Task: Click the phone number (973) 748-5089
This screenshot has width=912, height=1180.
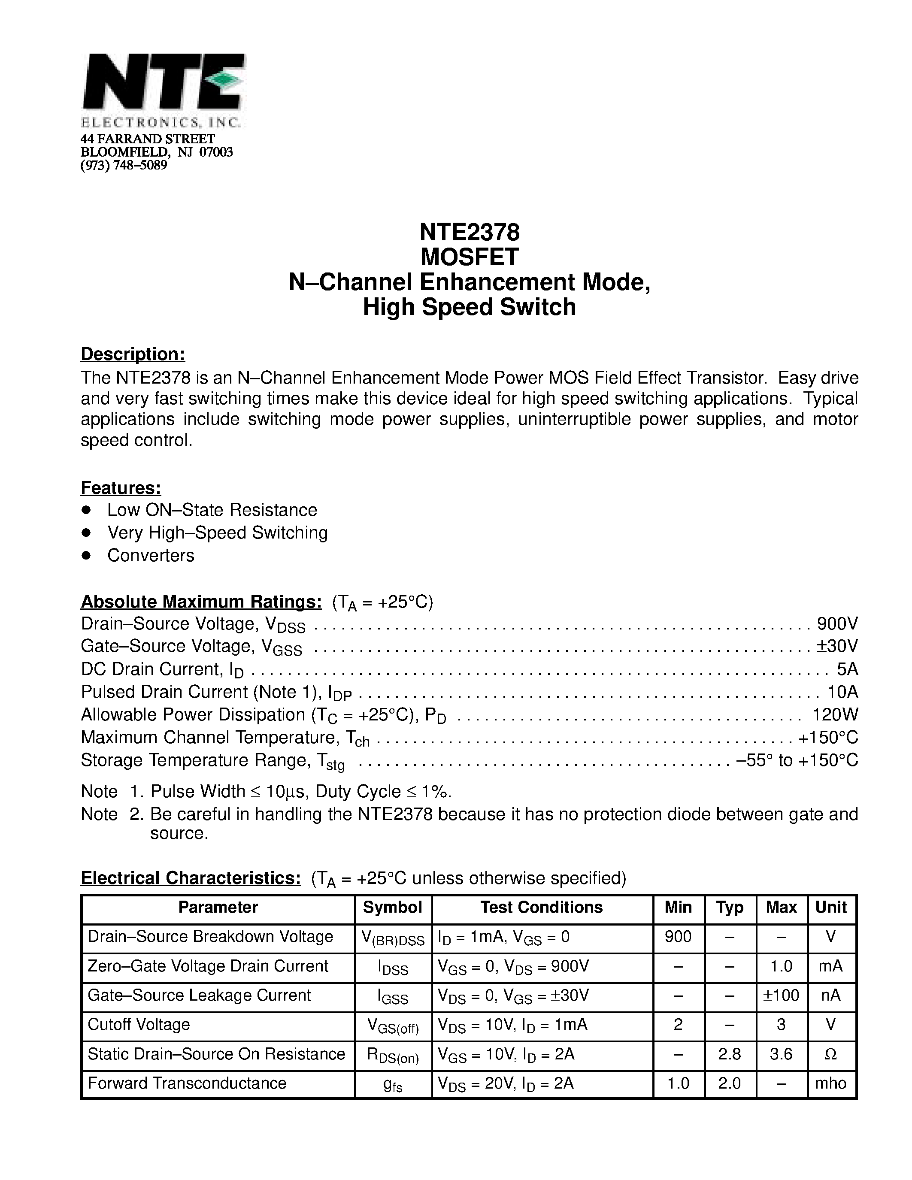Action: [x=124, y=165]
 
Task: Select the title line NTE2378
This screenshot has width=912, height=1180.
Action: [x=469, y=232]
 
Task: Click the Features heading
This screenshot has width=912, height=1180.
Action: [x=121, y=488]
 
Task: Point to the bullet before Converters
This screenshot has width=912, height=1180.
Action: [x=85, y=555]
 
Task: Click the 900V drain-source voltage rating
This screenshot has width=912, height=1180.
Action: [x=837, y=624]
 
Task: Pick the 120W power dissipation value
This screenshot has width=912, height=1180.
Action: [x=835, y=715]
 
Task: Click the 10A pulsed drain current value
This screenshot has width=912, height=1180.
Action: [x=842, y=692]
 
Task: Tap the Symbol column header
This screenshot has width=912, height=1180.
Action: [x=392, y=907]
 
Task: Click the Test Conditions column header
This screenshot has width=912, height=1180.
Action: [x=541, y=907]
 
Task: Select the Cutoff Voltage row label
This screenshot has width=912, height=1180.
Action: [x=139, y=1024]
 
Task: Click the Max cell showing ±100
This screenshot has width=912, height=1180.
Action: [x=781, y=995]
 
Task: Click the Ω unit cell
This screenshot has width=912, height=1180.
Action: [x=831, y=1054]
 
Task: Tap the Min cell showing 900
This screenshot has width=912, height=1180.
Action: [x=678, y=936]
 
